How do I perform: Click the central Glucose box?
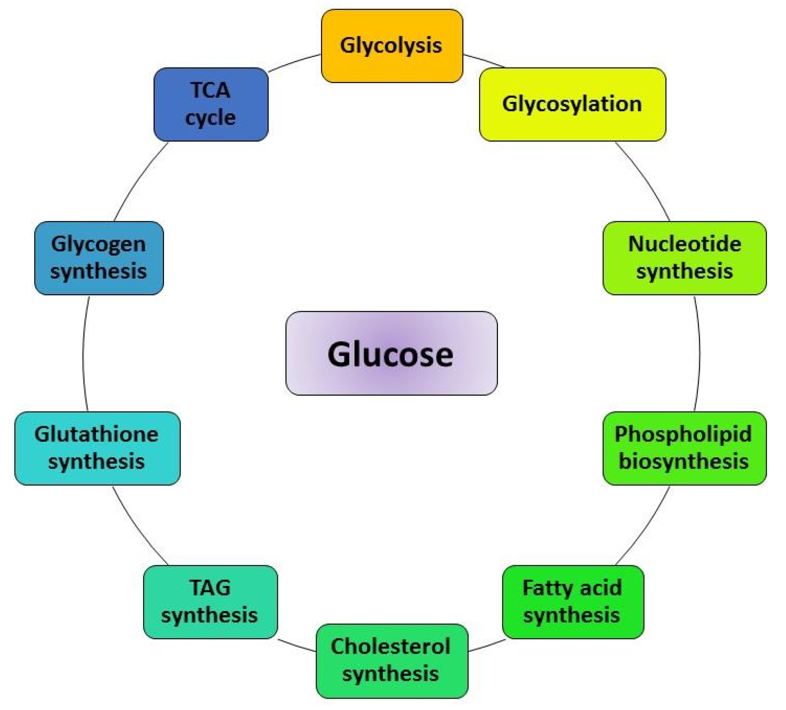coord(391,353)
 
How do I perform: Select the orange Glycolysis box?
coord(392,46)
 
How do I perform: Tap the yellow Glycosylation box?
coord(572,104)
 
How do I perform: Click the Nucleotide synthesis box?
coord(684,258)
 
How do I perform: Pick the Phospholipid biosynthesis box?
coord(684,448)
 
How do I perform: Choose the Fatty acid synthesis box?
coord(573,602)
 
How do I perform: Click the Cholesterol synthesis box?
coord(392,660)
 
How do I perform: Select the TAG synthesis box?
coord(210,602)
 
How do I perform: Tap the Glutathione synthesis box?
coord(97,448)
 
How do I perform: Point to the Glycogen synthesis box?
coord(99,258)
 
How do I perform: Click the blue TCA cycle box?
coord(211,104)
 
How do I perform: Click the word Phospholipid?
coord(683,434)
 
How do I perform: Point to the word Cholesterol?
coord(390,647)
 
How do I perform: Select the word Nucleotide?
coord(684,244)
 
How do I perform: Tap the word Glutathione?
coord(96,434)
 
